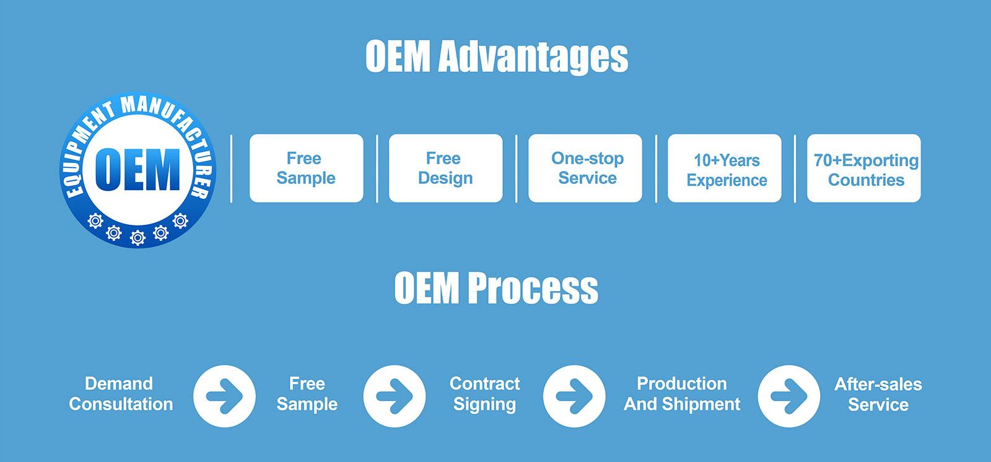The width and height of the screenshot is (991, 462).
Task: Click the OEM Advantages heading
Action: [x=496, y=56]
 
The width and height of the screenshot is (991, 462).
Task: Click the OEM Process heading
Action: [x=496, y=287]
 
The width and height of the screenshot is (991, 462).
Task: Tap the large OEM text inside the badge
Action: [x=138, y=170]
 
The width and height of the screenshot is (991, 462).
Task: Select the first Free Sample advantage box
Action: [x=306, y=168]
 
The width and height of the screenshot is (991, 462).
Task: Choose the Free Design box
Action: [x=445, y=168]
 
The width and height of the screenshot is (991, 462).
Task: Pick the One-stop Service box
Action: [x=585, y=168]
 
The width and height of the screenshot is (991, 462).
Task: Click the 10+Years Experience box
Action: [x=724, y=168]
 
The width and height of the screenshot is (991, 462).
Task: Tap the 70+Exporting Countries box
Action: [x=863, y=168]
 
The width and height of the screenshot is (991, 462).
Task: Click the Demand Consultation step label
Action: [x=121, y=394]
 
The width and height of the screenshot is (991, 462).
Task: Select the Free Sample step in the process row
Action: [x=307, y=394]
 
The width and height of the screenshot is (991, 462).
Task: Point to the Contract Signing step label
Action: [x=485, y=394]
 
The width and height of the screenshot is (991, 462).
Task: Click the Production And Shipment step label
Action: [x=682, y=394]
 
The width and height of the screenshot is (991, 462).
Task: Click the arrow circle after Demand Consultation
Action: [x=224, y=396]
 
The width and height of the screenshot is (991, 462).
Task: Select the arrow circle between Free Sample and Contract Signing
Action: [x=395, y=396]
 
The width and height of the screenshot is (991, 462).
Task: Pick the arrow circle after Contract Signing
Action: [x=574, y=396]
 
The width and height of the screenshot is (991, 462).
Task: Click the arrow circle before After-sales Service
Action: [x=789, y=396]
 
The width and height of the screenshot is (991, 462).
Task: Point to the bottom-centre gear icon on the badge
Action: [x=138, y=238]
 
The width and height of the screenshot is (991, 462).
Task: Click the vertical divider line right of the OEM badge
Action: [x=232, y=168]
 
